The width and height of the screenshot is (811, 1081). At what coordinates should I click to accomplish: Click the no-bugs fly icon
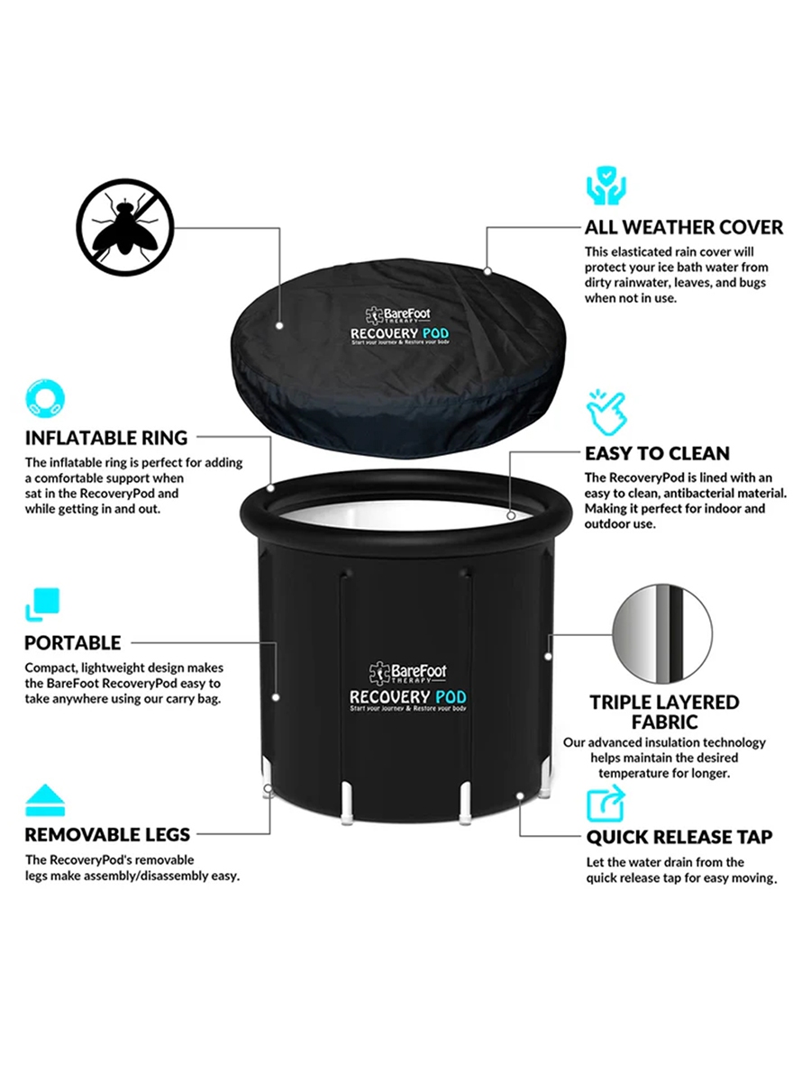click(125, 227)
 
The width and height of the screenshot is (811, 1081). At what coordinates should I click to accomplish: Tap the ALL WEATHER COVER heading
click(683, 227)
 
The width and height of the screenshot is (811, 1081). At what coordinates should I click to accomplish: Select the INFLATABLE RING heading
click(106, 438)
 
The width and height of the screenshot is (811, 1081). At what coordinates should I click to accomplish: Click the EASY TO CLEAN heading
click(657, 453)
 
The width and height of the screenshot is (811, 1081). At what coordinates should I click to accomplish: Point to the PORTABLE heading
click(73, 642)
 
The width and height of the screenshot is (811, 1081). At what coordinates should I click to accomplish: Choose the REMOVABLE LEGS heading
click(107, 834)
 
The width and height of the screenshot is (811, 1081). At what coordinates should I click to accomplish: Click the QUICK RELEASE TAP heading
click(679, 837)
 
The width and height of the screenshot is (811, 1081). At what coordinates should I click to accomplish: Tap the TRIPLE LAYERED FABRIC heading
click(664, 713)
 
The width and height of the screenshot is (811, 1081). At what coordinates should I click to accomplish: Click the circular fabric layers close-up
click(662, 633)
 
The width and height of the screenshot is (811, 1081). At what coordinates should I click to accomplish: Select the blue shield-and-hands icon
click(606, 186)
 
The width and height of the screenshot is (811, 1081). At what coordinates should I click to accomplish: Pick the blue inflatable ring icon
click(45, 398)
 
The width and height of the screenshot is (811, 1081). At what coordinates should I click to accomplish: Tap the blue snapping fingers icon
click(606, 413)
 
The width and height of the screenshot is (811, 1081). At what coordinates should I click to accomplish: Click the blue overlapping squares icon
click(42, 604)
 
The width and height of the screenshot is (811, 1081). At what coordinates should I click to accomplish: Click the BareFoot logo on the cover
click(398, 314)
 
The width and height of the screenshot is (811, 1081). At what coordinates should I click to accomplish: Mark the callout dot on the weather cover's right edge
click(487, 271)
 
